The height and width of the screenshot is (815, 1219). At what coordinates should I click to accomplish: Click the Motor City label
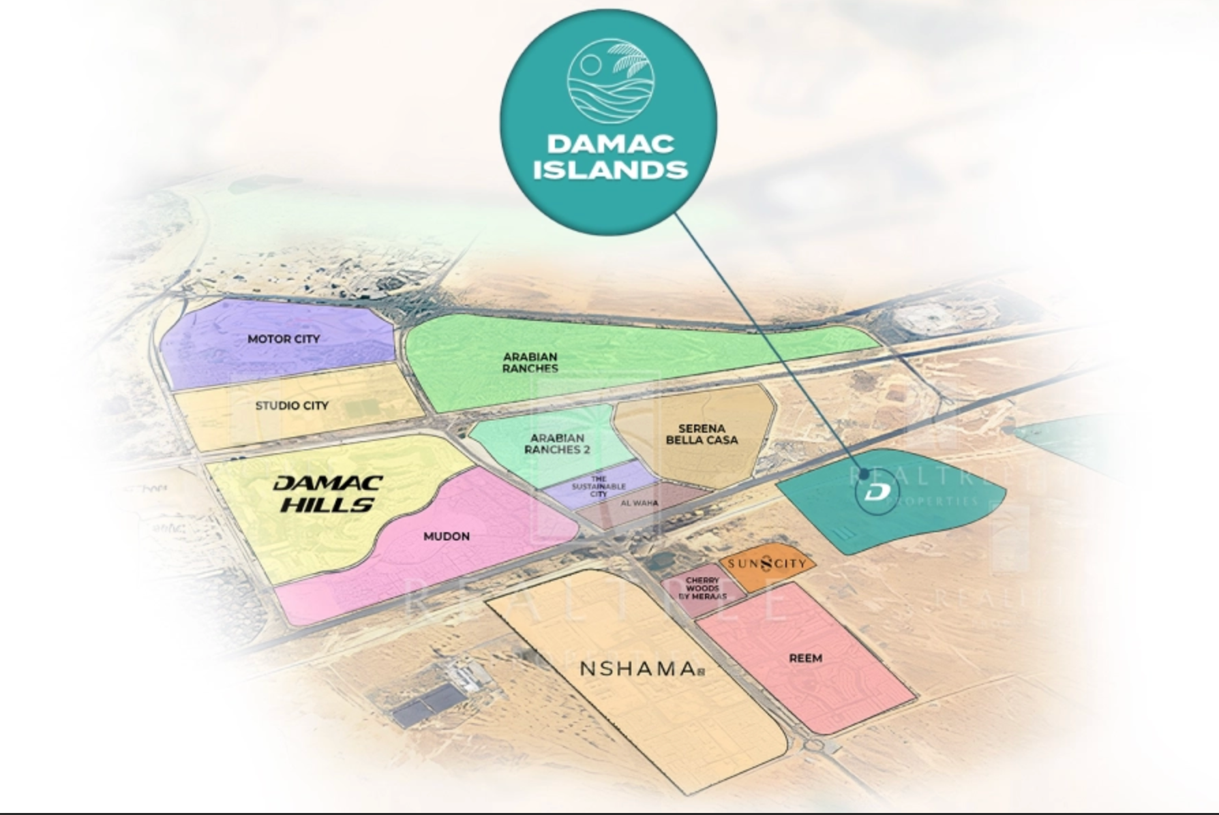pos(283,339)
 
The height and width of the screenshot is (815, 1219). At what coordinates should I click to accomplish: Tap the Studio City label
pos(292,405)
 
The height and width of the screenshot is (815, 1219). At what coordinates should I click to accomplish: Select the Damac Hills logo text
pos(327,493)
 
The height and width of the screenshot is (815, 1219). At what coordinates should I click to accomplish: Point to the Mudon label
pos(447,536)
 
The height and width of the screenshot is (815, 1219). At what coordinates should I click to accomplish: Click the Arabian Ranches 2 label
pos(557,444)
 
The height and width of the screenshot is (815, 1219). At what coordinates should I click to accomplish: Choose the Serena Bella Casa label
pos(702,434)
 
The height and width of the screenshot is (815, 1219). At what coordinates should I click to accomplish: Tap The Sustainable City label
pos(598,487)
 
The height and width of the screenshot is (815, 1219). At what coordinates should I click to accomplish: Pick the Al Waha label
pos(639,503)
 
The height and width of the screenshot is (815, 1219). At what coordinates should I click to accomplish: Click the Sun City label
pos(767,564)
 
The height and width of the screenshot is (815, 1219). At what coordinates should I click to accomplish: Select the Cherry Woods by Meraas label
pos(702,588)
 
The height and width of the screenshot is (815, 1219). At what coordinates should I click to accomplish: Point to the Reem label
pos(805,658)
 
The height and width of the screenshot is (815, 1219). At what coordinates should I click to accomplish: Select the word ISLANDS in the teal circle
pos(610,169)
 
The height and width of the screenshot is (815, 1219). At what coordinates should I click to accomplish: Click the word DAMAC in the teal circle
pos(610,143)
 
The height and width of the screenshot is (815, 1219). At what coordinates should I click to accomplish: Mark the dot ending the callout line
pos(864,474)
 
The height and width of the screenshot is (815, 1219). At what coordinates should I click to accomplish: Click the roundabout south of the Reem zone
pos(813,745)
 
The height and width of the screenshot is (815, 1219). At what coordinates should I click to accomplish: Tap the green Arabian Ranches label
pos(530,363)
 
